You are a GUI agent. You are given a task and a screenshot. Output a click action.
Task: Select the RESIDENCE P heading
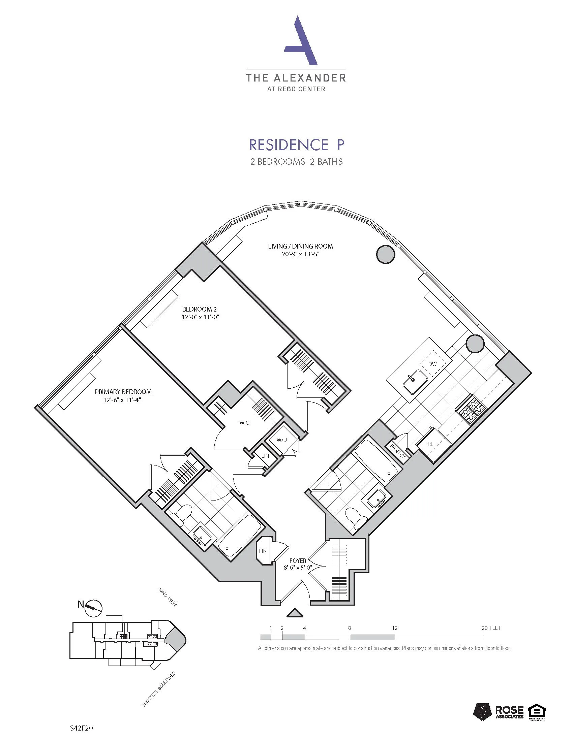pyautogui.click(x=297, y=144)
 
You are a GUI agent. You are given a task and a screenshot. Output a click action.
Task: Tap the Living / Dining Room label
pyautogui.click(x=300, y=246)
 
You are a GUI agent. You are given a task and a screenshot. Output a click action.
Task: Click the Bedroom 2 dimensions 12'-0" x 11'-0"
pyautogui.click(x=199, y=317)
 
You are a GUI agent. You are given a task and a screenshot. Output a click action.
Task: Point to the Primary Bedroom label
pyautogui.click(x=123, y=391)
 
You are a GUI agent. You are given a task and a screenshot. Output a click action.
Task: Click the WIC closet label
pyautogui.click(x=244, y=423)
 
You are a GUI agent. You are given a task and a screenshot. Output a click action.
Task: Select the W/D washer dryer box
pyautogui.click(x=281, y=440)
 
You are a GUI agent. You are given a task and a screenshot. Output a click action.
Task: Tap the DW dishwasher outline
pyautogui.click(x=432, y=364)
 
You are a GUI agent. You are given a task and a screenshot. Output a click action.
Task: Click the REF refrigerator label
pyautogui.click(x=431, y=444)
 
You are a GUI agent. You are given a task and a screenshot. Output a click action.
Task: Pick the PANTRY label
pyautogui.click(x=397, y=452)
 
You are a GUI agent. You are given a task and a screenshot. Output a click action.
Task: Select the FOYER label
pyautogui.click(x=298, y=561)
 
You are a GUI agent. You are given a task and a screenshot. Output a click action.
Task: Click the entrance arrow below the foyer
pyautogui.click(x=294, y=613)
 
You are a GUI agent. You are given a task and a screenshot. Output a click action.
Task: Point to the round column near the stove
pyautogui.click(x=475, y=344)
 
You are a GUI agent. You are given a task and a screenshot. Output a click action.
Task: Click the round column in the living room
pyautogui.click(x=386, y=254)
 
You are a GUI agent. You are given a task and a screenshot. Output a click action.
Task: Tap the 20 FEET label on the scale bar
pyautogui.click(x=491, y=628)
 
